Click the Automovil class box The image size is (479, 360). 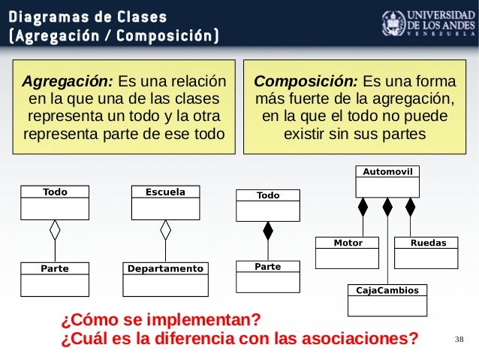coord(387,180)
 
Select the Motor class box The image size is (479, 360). coord(348,253)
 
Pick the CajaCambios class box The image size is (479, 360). coord(387,300)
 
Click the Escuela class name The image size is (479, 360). coord(166,192)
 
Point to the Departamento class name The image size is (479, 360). coord(165,268)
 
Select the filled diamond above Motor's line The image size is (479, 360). coord(363,206)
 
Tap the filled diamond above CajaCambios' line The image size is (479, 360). coord(387,206)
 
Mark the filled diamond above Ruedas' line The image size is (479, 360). coord(411,206)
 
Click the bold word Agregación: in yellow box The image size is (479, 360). coord(68,81)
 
